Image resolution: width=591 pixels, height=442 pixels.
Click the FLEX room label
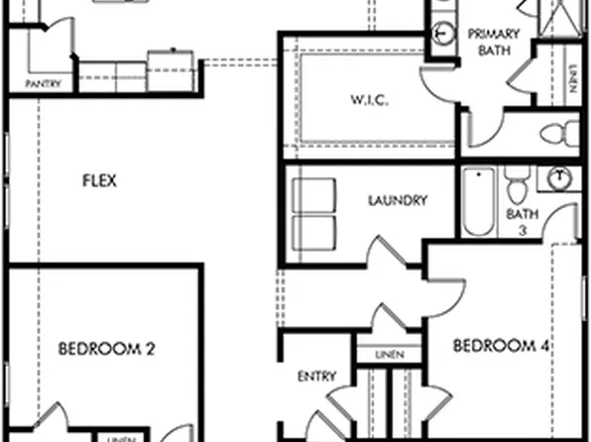(99, 180)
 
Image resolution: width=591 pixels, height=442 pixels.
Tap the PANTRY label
(42, 84)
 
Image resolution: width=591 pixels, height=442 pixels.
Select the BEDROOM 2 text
(107, 348)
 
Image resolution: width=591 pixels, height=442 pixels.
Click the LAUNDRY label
(398, 200)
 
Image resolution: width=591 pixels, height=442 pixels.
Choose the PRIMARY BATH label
(494, 41)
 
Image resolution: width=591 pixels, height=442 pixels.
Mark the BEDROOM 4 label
(502, 346)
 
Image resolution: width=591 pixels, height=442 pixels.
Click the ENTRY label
(317, 377)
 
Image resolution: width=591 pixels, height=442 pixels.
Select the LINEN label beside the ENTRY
(388, 354)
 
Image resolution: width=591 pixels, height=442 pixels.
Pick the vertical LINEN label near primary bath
(572, 77)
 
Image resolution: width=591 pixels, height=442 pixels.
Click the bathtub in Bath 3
(479, 203)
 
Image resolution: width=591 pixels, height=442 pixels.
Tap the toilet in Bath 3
(518, 184)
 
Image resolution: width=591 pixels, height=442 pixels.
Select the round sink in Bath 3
(560, 177)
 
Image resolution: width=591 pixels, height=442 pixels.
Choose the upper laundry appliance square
(314, 196)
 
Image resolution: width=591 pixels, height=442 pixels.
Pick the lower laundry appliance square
(314, 234)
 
